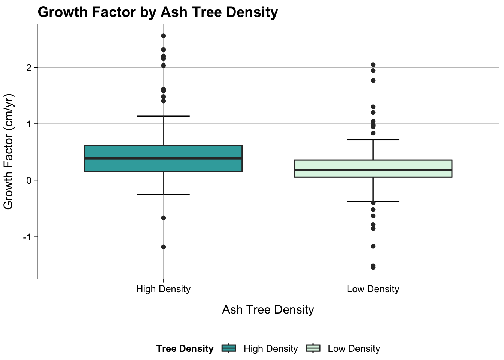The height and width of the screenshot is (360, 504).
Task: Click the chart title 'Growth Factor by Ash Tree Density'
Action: pyautogui.click(x=157, y=12)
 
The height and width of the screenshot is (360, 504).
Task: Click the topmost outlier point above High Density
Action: pyautogui.click(x=163, y=36)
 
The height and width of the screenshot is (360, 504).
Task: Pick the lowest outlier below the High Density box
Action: pyautogui.click(x=163, y=247)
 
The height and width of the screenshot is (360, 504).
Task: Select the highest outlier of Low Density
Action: pyautogui.click(x=373, y=65)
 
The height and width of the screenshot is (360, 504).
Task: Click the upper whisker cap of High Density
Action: pyautogui.click(x=163, y=116)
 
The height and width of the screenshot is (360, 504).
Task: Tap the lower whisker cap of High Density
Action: pyautogui.click(x=163, y=195)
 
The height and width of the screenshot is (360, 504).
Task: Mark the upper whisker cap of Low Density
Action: pyautogui.click(x=373, y=139)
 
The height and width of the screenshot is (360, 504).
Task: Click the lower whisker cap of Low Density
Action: pyautogui.click(x=373, y=201)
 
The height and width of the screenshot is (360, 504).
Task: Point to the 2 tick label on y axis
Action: pyautogui.click(x=29, y=67)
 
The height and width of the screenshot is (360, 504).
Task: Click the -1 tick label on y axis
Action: pyautogui.click(x=27, y=237)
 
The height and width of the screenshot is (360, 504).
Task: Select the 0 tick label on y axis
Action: pyautogui.click(x=29, y=180)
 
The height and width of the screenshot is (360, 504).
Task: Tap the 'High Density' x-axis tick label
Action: pyautogui.click(x=163, y=289)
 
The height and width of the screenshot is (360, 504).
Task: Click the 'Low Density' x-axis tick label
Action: pyautogui.click(x=373, y=289)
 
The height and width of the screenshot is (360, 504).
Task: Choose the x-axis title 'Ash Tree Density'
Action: pyautogui.click(x=268, y=310)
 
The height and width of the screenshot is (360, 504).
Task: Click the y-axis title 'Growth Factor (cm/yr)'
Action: pyautogui.click(x=8, y=151)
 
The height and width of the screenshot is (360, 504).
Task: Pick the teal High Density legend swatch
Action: pyautogui.click(x=229, y=348)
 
